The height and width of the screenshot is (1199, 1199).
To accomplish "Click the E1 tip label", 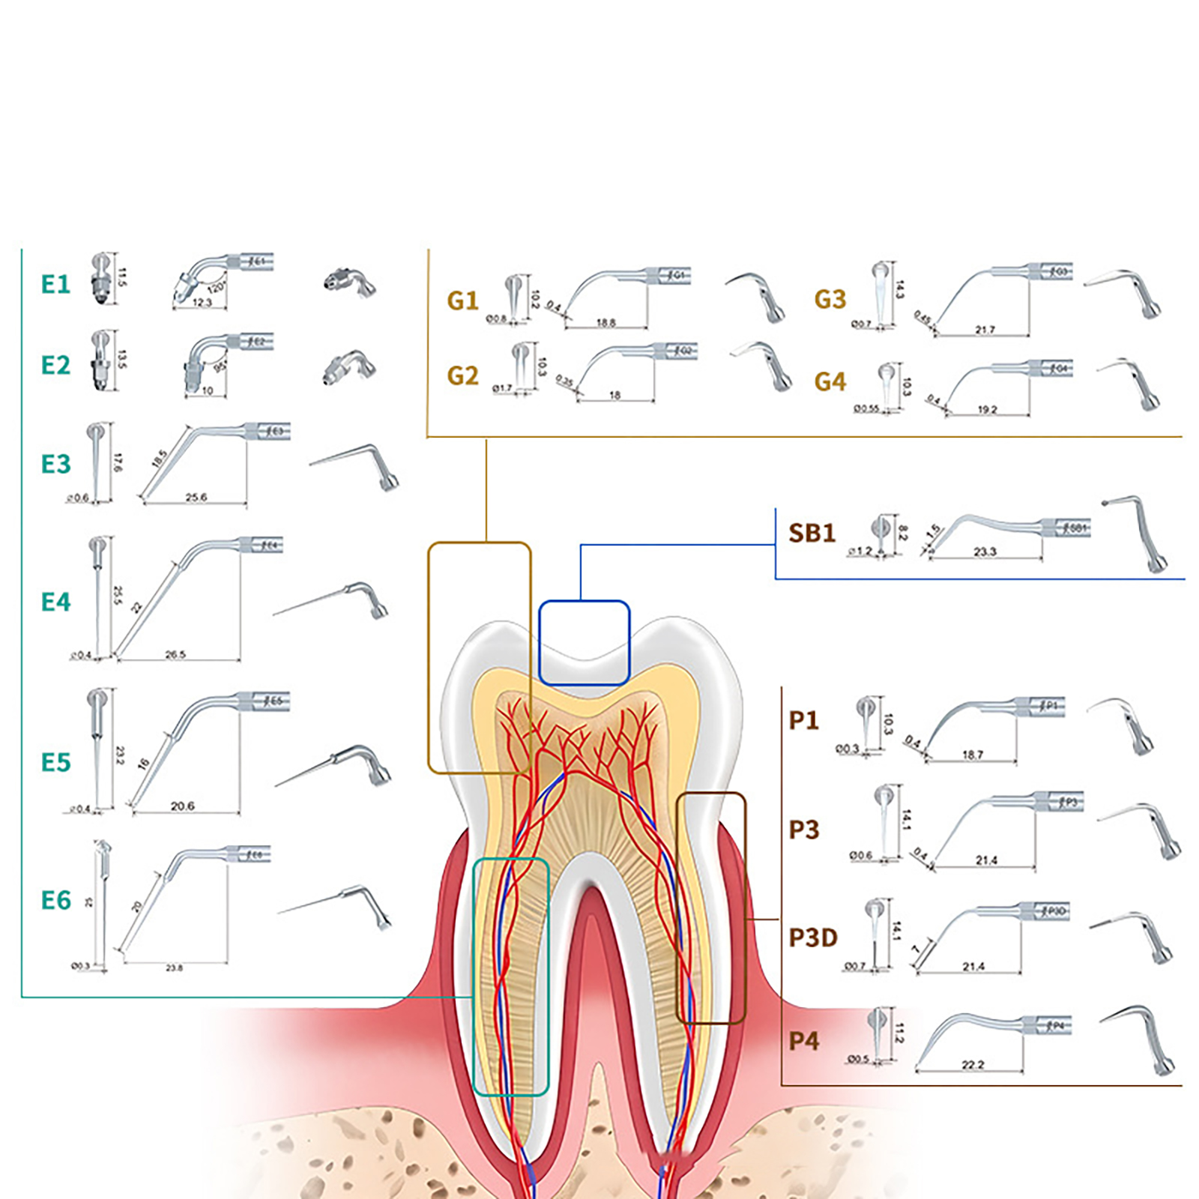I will (55, 285).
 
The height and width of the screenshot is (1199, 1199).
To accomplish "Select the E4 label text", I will (55, 602).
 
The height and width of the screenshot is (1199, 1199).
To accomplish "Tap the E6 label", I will (55, 901).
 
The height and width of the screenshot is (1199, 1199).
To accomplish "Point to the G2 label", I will (462, 375).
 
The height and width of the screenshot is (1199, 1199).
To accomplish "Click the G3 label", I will (830, 300).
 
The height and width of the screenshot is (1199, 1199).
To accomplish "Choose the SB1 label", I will (812, 534).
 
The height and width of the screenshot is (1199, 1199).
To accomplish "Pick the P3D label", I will (813, 938).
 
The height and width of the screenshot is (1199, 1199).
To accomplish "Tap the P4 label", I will (804, 1042).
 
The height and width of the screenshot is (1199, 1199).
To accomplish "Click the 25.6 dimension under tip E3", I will (196, 498).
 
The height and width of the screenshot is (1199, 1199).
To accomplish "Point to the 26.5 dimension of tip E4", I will (175, 655).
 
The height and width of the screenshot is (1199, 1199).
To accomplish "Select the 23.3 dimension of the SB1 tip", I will (985, 552).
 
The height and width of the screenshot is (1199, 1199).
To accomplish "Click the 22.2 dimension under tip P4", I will (973, 1065).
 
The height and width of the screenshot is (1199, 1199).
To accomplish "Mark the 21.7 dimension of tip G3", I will (985, 330).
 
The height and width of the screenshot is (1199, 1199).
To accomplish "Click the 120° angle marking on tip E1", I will (216, 287).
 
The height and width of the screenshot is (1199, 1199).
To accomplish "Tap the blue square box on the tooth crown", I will (585, 643).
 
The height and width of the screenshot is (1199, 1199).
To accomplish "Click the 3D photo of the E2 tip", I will (349, 367).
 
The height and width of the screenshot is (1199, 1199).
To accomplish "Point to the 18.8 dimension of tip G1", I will (605, 323).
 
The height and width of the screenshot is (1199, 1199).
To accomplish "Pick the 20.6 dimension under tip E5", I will (182, 806).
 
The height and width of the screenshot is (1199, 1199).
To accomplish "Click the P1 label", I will (804, 721).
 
